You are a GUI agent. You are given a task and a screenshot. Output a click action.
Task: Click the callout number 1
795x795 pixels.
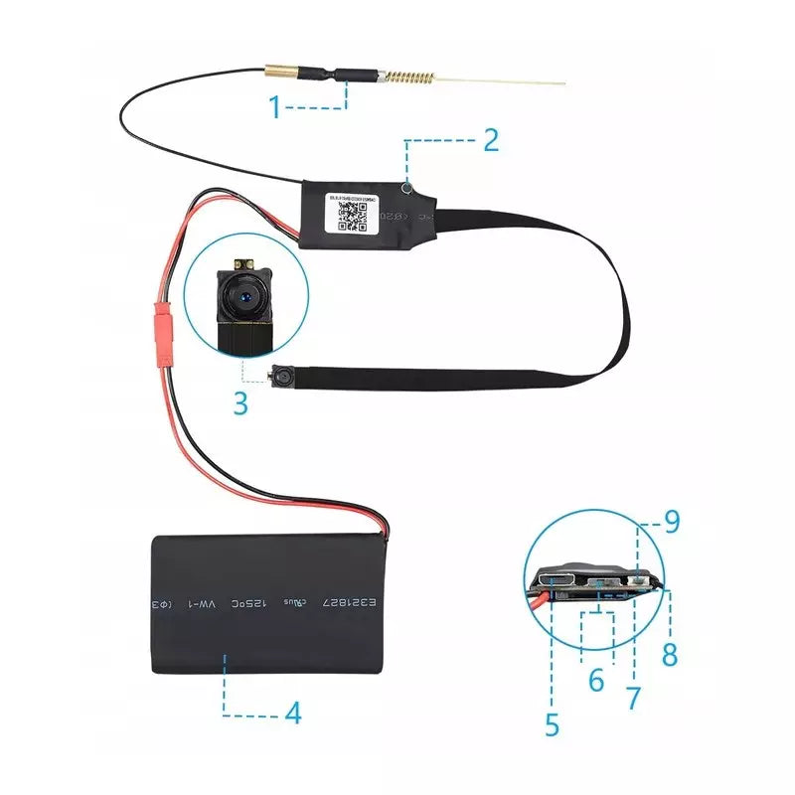tap(275, 105)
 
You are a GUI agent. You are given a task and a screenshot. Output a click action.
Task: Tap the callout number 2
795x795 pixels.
tap(490, 140)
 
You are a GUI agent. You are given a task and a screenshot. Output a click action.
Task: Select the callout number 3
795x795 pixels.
tap(239, 403)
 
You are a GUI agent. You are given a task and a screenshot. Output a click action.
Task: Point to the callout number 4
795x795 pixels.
tap(292, 713)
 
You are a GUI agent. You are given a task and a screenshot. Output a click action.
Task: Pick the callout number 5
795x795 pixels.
tap(553, 723)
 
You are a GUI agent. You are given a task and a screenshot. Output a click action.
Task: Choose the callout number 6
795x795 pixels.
tap(596, 681)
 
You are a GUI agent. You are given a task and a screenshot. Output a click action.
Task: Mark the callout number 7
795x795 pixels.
tap(633, 698)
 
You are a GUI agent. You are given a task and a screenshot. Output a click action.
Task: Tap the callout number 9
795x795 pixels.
tap(672, 522)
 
